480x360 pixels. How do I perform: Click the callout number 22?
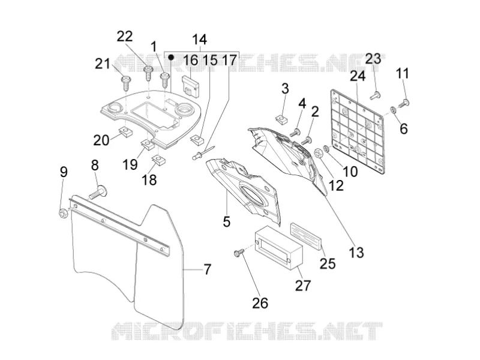point(125,37)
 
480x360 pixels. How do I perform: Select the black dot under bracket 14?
point(172,57)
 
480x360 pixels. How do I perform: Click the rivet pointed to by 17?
point(203,153)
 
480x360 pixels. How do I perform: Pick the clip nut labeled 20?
point(125,132)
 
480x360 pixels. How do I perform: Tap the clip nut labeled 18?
point(158,160)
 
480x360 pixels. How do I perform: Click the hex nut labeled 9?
point(64,213)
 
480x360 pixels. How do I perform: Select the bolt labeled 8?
point(98,193)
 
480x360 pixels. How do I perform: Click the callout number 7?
point(208,269)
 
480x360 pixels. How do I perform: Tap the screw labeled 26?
point(239,253)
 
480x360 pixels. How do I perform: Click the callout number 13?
point(356,253)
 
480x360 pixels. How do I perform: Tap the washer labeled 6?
point(392,109)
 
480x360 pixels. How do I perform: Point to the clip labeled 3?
point(281,118)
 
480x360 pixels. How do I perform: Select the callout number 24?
point(358,76)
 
